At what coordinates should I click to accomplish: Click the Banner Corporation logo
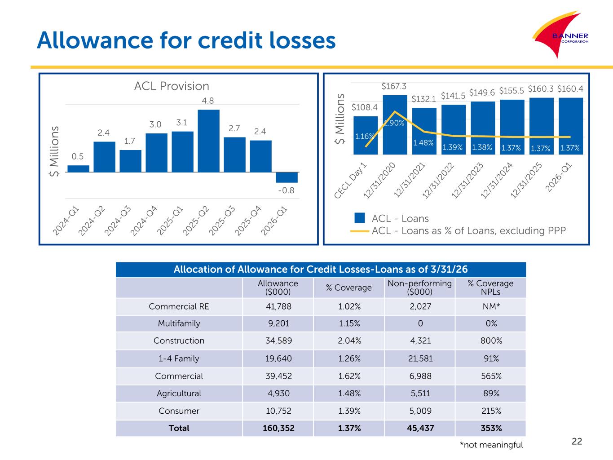560,35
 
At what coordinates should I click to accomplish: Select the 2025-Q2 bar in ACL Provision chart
208,141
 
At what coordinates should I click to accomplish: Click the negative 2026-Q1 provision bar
287,177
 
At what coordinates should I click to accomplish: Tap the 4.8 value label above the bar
208,101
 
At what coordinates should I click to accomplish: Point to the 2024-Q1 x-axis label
66,221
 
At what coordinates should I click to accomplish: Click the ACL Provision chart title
172,86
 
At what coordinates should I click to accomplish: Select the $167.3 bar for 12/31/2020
395,124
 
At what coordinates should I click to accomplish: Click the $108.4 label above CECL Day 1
365,107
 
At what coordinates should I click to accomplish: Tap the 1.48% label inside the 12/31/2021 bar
423,143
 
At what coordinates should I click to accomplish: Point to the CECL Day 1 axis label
350,181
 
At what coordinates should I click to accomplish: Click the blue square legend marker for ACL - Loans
359,218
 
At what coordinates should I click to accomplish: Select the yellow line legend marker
359,231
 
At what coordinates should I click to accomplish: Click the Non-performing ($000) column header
419,287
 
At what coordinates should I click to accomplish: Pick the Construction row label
179,341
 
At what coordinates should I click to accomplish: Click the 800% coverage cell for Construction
491,341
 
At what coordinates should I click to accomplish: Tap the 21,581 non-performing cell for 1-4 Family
420,358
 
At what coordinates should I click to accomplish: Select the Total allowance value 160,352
278,428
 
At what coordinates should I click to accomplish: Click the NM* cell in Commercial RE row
491,306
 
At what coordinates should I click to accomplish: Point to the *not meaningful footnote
491,445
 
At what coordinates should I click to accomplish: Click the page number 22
577,441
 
